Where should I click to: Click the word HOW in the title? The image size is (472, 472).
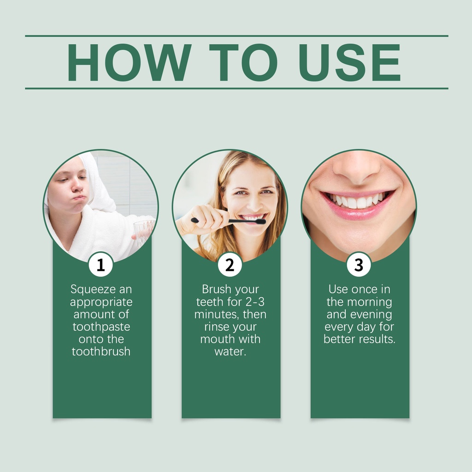129,62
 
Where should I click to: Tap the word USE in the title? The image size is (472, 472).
349,62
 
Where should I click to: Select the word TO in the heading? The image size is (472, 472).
243,62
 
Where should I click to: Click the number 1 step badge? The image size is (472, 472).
101,265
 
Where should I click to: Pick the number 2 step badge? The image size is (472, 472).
230,265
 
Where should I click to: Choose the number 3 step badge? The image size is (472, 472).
359,265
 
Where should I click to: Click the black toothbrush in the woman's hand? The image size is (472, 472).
229,221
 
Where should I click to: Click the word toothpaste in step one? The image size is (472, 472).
101,327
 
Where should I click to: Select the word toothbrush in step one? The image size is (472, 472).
101,352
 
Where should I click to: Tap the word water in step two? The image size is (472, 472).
230,352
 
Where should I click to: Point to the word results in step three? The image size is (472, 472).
377,339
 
